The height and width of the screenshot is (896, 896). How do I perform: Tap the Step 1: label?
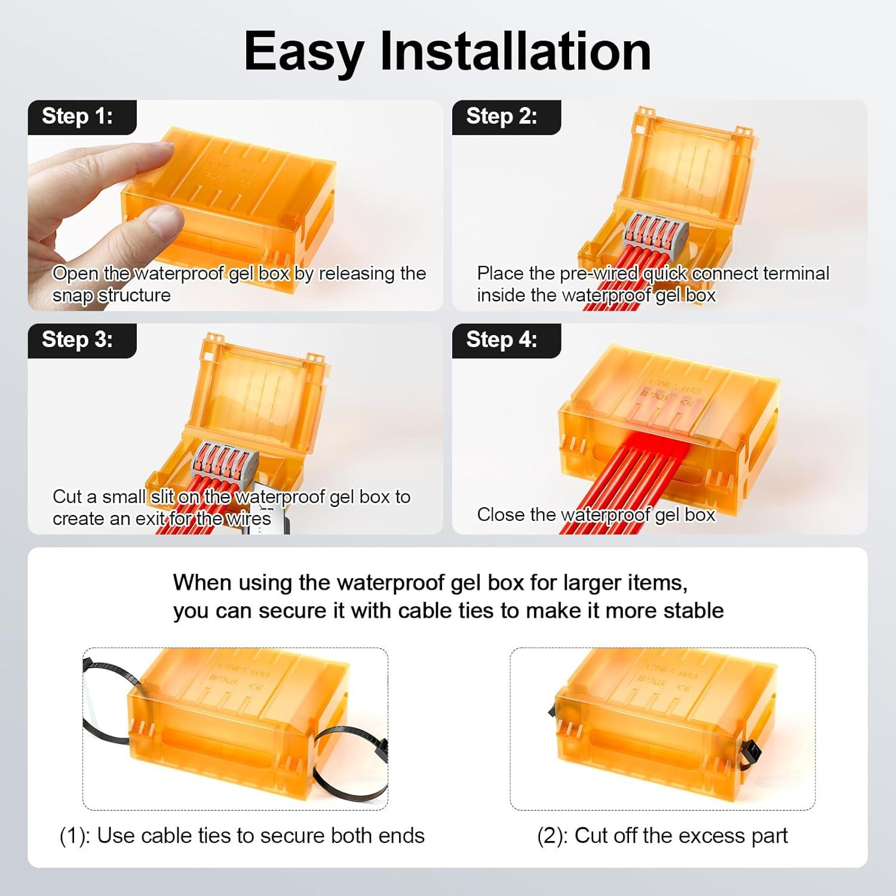78,116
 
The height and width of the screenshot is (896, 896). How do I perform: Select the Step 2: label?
502,116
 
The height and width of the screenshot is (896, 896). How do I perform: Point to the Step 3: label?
78,339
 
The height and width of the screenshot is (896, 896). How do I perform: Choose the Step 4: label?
502,339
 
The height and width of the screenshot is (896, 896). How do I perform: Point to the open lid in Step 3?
260,388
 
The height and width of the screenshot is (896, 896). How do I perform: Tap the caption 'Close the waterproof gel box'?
596,514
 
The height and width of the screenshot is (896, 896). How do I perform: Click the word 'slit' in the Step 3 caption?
162,497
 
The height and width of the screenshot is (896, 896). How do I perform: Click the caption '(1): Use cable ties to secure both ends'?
242,836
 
